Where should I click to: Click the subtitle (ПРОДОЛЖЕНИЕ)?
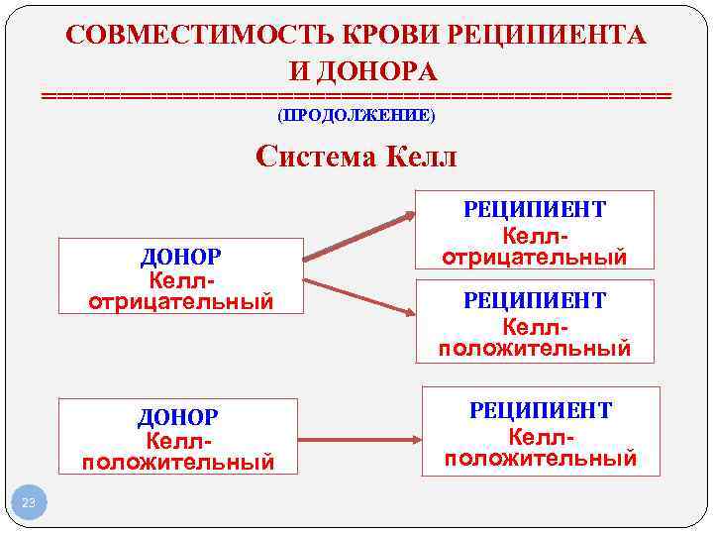click(356, 115)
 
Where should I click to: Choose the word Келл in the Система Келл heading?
click(415, 157)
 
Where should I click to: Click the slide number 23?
click(28, 504)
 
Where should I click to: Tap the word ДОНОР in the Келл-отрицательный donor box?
click(180, 258)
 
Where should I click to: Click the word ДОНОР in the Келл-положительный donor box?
click(178, 418)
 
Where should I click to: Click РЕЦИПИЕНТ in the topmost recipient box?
click(535, 209)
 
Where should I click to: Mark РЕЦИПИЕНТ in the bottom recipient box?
click(541, 410)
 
